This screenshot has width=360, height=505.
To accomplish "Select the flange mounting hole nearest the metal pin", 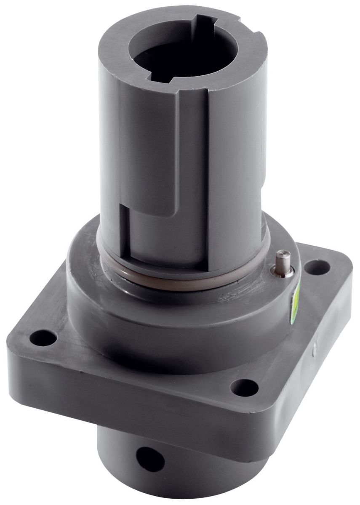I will (313, 266).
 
